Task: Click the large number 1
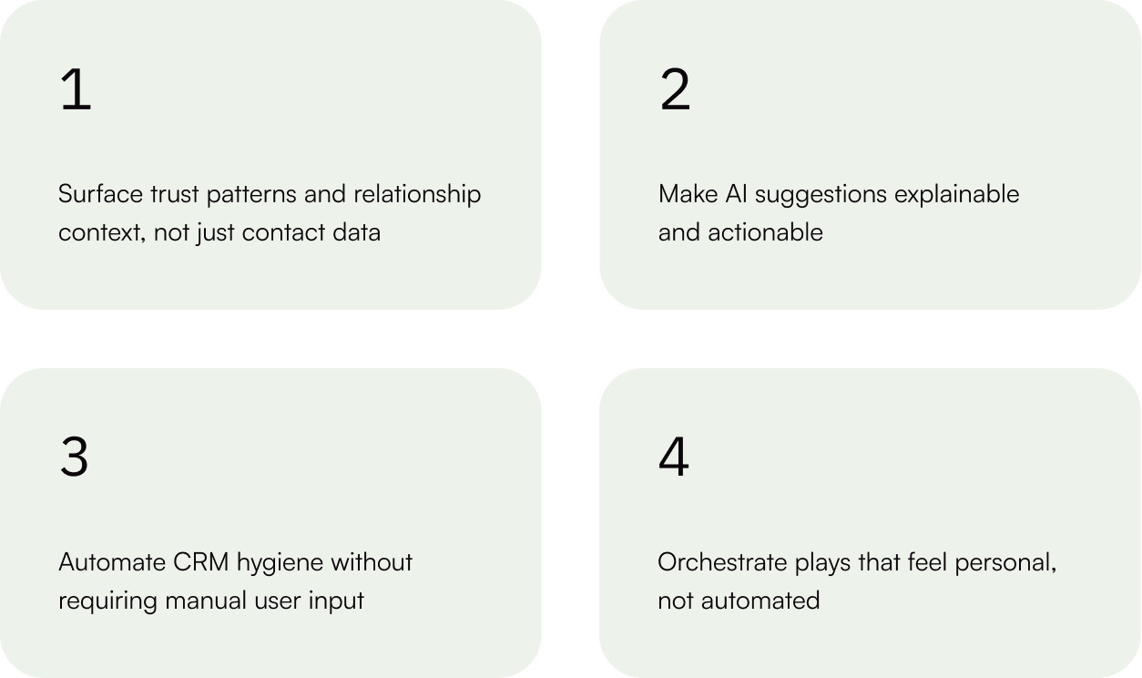76,91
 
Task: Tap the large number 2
675,91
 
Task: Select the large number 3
74,457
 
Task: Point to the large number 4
674,457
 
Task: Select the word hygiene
280,563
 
